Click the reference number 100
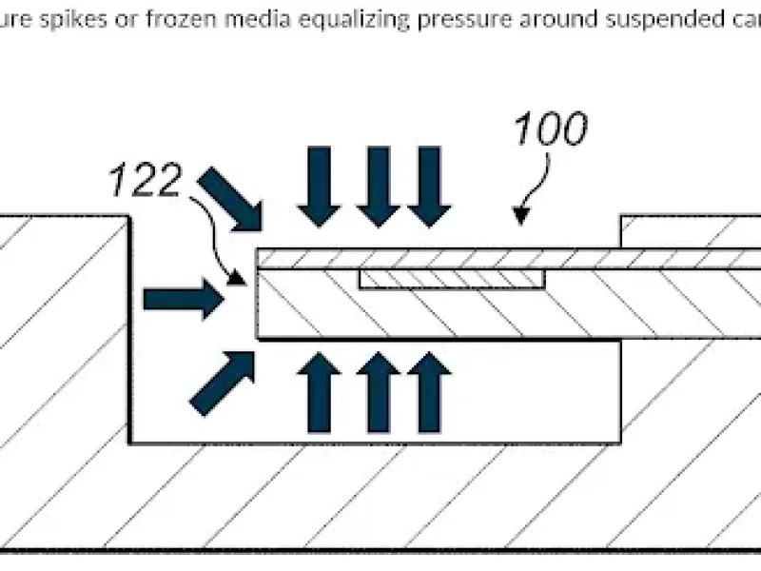pyautogui.click(x=551, y=131)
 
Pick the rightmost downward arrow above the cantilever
pyautogui.click(x=429, y=186)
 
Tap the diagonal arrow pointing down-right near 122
pyautogui.click(x=232, y=199)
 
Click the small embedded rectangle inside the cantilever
pyautogui.click(x=451, y=279)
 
